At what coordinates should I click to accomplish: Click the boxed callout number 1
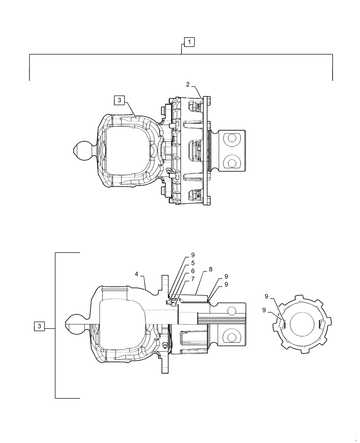tap(189, 42)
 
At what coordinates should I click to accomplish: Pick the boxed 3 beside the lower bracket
tap(39, 326)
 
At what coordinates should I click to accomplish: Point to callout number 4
tap(137, 275)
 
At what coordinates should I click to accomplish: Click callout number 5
tap(192, 271)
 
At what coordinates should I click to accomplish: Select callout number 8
tap(192, 255)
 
